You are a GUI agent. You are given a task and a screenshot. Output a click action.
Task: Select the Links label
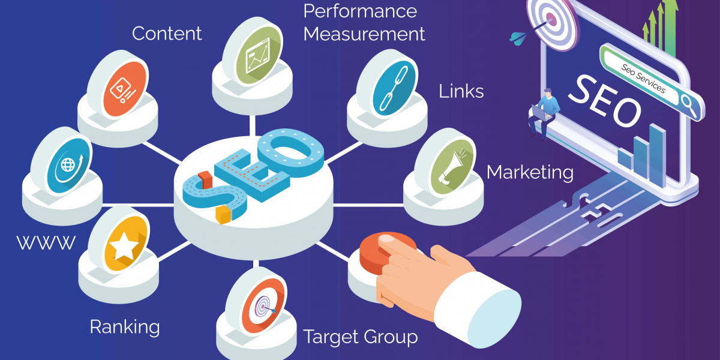click(461, 91)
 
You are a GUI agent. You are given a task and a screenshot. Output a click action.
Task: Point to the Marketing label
click(530, 173)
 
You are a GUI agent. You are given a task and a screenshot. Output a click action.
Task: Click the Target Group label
click(361, 337)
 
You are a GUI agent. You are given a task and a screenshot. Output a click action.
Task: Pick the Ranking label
click(125, 327)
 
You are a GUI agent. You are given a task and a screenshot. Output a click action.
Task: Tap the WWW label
click(46, 243)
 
